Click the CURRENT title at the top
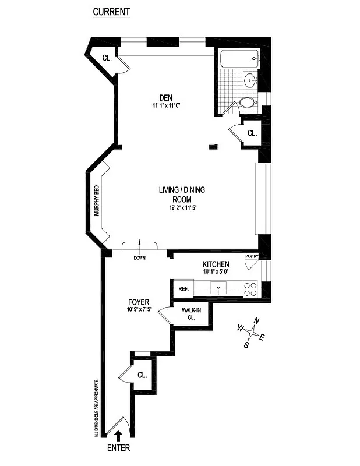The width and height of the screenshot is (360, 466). click(x=111, y=12)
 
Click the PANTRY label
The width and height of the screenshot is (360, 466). click(x=252, y=256)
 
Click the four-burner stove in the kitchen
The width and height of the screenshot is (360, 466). click(x=250, y=290)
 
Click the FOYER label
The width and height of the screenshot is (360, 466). click(x=139, y=302)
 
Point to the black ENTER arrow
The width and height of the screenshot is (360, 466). click(x=118, y=435)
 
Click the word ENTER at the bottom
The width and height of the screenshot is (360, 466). click(x=118, y=448)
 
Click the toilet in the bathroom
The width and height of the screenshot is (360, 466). click(x=247, y=103)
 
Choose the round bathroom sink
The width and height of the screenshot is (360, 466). click(x=250, y=80)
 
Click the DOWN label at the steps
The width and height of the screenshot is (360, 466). click(x=139, y=257)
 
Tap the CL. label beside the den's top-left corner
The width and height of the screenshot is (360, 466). click(x=107, y=58)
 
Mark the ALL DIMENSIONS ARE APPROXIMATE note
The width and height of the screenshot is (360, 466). click(x=96, y=408)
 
